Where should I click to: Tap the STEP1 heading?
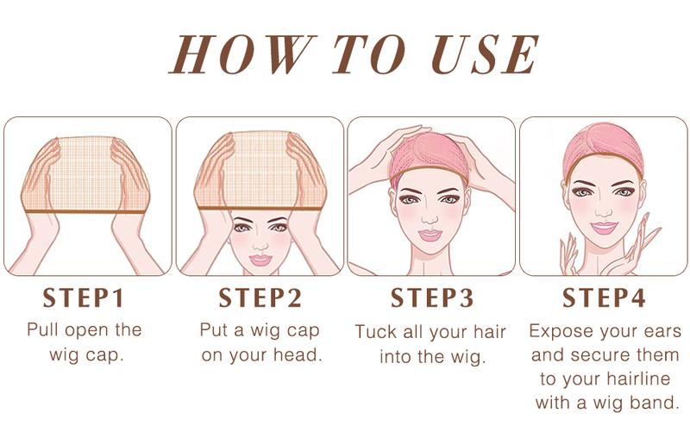click(85, 298)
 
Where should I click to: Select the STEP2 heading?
click(260, 298)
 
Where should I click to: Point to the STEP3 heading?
click(432, 298)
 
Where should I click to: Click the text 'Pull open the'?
click(85, 330)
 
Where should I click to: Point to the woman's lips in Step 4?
click(603, 228)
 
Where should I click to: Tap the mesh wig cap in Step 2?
click(259, 172)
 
